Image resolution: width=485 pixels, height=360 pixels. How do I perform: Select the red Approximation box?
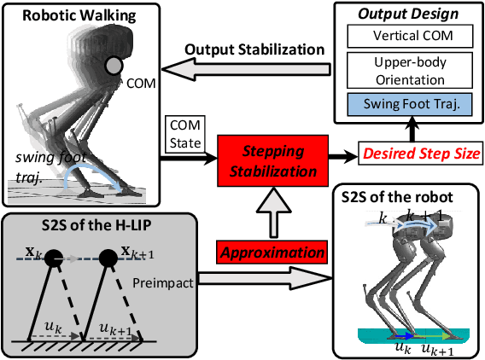coord(272,253)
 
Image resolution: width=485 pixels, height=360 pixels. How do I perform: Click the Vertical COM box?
coord(408,38)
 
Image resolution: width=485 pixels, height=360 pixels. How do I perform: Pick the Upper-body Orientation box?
coord(408,71)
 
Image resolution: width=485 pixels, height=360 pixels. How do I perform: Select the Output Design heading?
coord(409,15)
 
